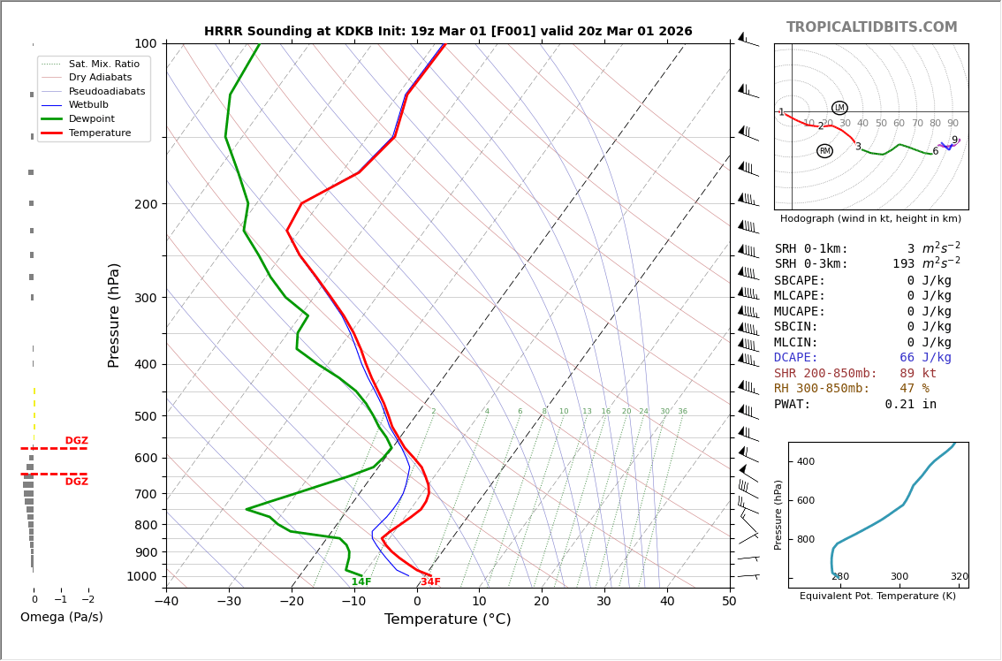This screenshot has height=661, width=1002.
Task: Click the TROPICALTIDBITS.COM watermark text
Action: [x=871, y=27]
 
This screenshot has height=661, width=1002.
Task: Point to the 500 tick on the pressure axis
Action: [x=145, y=416]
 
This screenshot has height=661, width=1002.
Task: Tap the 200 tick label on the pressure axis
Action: [x=145, y=204]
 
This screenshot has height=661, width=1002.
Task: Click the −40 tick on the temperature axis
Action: [x=166, y=602]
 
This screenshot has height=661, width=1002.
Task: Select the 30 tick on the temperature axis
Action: [x=603, y=602]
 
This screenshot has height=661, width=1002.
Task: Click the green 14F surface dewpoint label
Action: [x=361, y=582]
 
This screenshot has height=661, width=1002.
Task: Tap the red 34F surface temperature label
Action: [x=430, y=582]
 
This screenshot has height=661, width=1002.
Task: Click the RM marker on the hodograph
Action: [x=824, y=151]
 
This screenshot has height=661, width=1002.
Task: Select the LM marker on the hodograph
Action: [x=839, y=108]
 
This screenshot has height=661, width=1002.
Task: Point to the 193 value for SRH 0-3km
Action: [x=903, y=264]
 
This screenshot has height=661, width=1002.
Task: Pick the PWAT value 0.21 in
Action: [x=910, y=405]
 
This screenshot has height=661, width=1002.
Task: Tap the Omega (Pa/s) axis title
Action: [x=62, y=618]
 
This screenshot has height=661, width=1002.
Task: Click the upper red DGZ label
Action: [x=76, y=441]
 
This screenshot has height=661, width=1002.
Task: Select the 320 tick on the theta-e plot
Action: [x=959, y=577]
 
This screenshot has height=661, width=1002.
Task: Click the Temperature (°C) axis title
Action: [x=447, y=619]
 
